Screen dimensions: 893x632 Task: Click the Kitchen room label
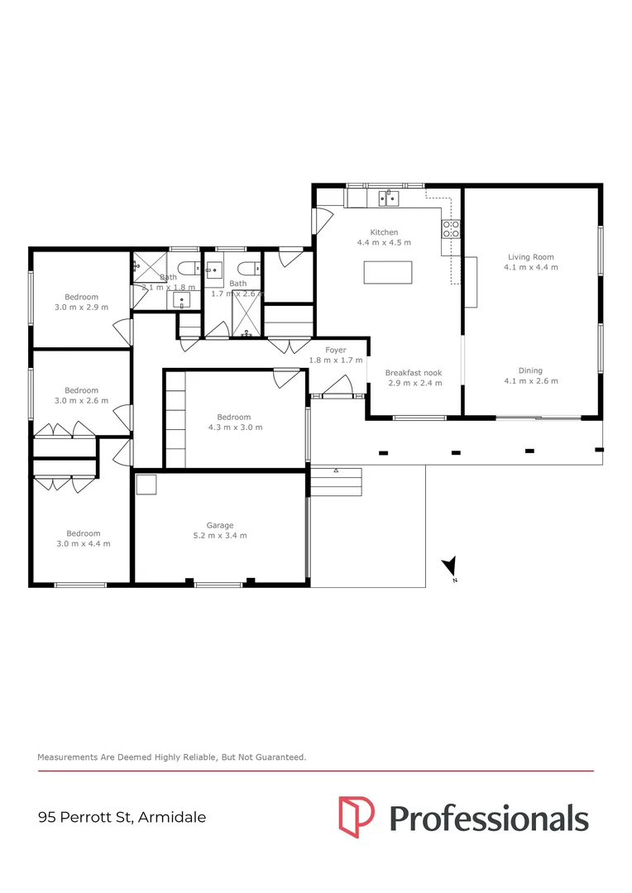tap(384, 232)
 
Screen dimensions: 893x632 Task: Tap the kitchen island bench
tap(388, 271)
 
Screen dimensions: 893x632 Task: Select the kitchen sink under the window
tap(388, 198)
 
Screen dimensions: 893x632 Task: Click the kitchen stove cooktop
tap(452, 228)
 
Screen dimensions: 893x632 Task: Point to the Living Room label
tap(531, 257)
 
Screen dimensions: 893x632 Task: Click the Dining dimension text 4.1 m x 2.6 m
tap(531, 381)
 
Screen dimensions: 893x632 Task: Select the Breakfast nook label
tap(414, 373)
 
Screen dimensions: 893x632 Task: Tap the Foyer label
tap(335, 350)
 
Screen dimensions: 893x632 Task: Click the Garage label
tap(220, 525)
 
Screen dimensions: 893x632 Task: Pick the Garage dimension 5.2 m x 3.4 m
tap(220, 536)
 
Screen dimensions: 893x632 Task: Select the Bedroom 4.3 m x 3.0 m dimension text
tap(235, 427)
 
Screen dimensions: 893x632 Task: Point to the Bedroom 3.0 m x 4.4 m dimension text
tap(83, 543)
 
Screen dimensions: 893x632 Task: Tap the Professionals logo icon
tap(356, 817)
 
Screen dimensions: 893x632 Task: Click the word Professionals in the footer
tap(488, 818)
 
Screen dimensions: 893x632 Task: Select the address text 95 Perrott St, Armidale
tap(122, 818)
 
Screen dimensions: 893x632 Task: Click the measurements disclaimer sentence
tap(172, 757)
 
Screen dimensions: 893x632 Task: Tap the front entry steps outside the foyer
tap(336, 481)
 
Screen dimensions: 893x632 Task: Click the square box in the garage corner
tap(146, 484)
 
